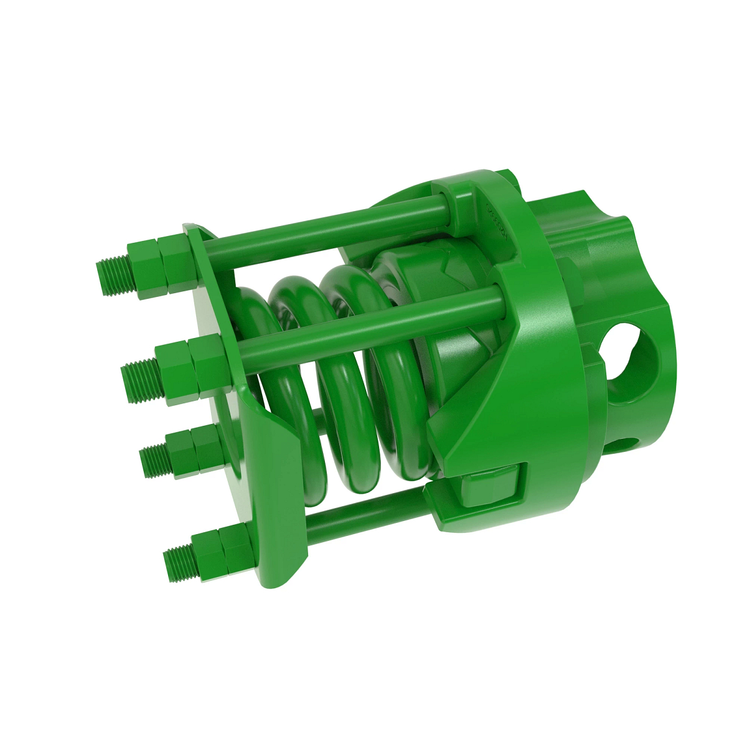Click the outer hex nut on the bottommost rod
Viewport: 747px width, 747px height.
click(x=209, y=554)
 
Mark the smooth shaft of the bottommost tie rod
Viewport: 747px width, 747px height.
click(x=367, y=512)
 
